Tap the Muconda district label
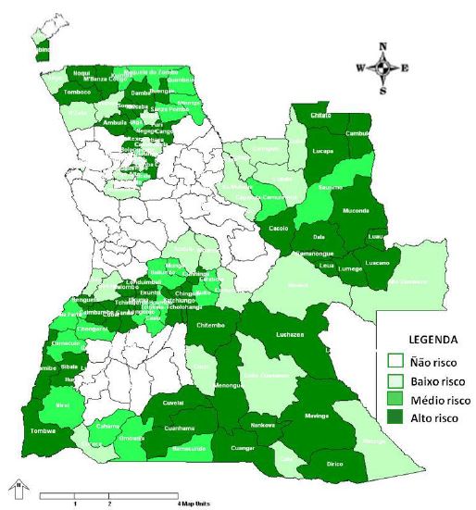[x=356, y=210]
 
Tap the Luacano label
[x=378, y=264]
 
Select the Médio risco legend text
[x=440, y=401]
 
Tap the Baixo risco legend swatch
[x=395, y=380]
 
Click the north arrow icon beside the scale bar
[x=17, y=485]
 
